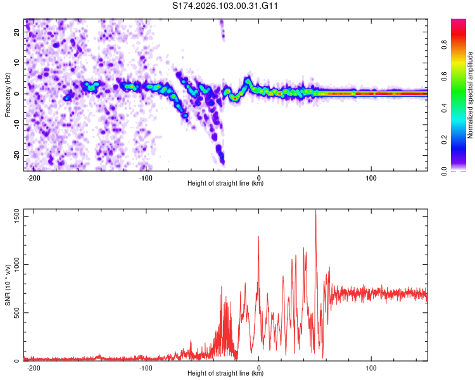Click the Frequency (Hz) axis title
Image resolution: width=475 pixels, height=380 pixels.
coord(8,94)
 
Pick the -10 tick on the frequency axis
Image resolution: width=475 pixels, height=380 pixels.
coord(15,125)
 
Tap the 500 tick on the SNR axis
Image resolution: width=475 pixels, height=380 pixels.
coord(15,313)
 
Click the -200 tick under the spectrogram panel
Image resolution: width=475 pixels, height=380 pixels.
coord(34,177)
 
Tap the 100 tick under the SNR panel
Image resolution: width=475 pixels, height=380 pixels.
coord(372,367)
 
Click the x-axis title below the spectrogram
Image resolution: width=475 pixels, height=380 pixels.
coord(226,184)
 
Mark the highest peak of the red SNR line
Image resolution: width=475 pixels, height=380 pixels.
coord(315,210)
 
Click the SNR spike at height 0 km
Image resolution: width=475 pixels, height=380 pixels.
coord(258,237)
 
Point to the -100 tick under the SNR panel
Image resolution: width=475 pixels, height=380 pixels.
coord(146,367)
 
